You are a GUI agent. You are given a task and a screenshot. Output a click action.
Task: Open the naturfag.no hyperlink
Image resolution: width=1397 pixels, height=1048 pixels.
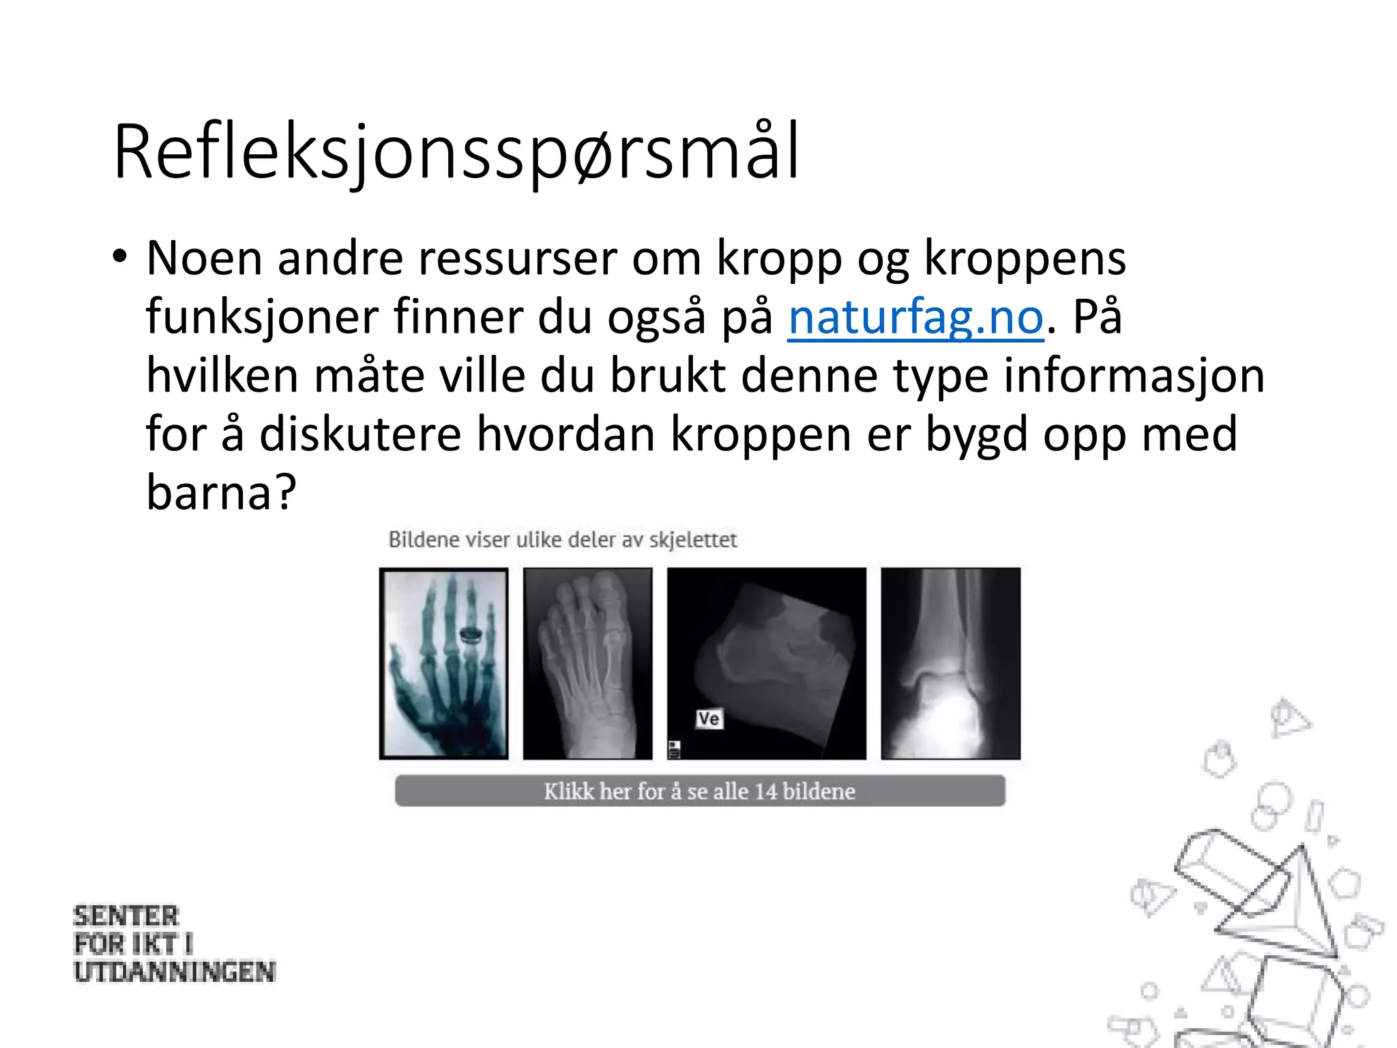(915, 318)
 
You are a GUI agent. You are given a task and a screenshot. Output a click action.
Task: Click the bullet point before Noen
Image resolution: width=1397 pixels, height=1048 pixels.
(120, 258)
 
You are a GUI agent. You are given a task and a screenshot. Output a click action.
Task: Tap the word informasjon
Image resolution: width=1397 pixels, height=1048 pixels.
(1134, 377)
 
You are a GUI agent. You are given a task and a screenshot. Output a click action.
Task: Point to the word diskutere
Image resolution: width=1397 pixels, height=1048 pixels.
(360, 435)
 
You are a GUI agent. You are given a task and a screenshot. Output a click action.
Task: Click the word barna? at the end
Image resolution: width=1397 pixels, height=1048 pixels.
(222, 493)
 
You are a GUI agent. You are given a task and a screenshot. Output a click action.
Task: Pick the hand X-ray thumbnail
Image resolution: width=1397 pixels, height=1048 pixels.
(444, 663)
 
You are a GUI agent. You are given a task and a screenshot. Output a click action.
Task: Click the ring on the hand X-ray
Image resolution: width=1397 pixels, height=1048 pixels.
(471, 636)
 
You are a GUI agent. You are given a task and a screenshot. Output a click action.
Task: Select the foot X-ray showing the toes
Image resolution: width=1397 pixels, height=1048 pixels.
(587, 663)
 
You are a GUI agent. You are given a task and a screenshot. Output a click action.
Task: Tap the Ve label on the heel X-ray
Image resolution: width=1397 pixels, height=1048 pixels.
(709, 718)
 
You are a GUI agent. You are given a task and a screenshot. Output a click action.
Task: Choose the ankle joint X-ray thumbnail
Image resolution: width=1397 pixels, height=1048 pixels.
(950, 663)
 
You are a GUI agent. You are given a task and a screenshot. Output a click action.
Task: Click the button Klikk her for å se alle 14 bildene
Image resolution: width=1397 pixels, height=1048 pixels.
(699, 791)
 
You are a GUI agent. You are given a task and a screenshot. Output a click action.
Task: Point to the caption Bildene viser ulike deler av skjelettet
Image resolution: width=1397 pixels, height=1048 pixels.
(563, 540)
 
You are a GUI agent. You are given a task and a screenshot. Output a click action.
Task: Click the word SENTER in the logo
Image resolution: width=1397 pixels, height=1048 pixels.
(126, 916)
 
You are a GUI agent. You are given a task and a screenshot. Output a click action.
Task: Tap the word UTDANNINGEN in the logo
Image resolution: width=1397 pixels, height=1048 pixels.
(175, 972)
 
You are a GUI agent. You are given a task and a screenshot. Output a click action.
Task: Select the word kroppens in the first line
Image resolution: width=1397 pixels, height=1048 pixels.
(1025, 259)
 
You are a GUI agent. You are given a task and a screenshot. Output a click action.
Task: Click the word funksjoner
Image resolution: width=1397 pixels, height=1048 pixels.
(261, 318)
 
